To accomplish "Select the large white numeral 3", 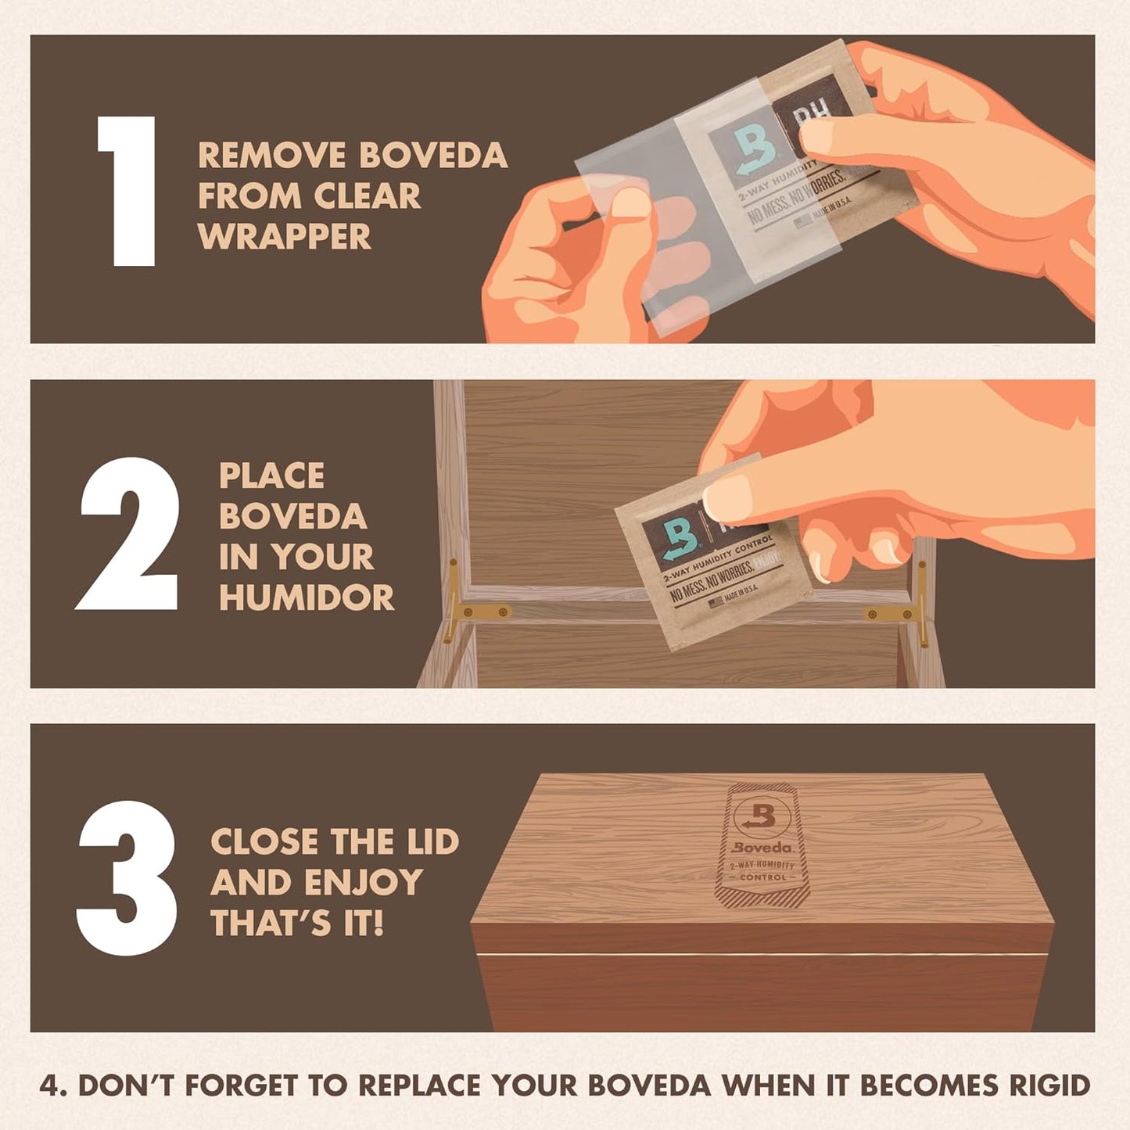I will [127, 877].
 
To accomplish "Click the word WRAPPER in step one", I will [285, 237].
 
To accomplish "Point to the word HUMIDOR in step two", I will [307, 598].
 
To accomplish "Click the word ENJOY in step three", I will [364, 883].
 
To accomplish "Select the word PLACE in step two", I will [271, 476].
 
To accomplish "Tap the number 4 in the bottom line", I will [48, 1085].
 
